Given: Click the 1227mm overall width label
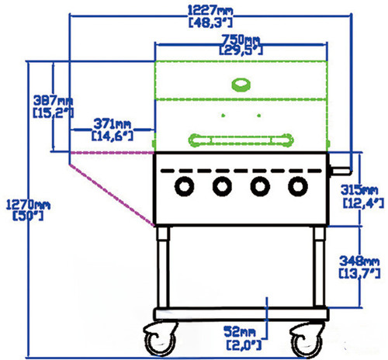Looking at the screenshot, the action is (210, 11).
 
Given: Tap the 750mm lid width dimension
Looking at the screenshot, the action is (241, 40).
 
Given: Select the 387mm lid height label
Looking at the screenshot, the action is (54, 100).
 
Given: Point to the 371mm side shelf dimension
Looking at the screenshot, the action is (113, 124).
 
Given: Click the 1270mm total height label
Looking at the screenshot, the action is (28, 205).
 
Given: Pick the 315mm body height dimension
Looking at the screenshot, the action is (359, 190).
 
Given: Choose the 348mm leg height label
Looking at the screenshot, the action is (359, 261).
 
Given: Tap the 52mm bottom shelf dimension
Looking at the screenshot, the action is (240, 331).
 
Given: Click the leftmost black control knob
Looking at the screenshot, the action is (185, 186).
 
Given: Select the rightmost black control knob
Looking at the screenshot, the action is (298, 186).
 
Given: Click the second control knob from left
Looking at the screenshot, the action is (222, 186).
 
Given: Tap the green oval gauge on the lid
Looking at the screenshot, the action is (241, 85).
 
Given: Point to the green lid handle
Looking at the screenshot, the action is (241, 140).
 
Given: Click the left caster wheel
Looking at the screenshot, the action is (161, 339).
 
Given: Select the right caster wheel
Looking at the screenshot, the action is (307, 339).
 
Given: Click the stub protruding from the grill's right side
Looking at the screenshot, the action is (341, 171).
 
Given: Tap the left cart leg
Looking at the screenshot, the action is (163, 267).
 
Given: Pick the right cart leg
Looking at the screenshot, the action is (319, 267).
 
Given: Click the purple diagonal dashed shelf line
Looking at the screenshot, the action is (112, 195).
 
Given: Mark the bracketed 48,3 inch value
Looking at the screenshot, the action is (210, 22).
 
